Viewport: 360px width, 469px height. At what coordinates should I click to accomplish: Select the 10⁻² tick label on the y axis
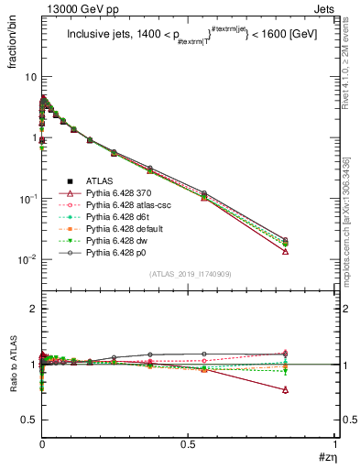[27, 260]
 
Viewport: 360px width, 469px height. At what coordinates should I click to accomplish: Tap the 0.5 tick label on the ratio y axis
[28, 420]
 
